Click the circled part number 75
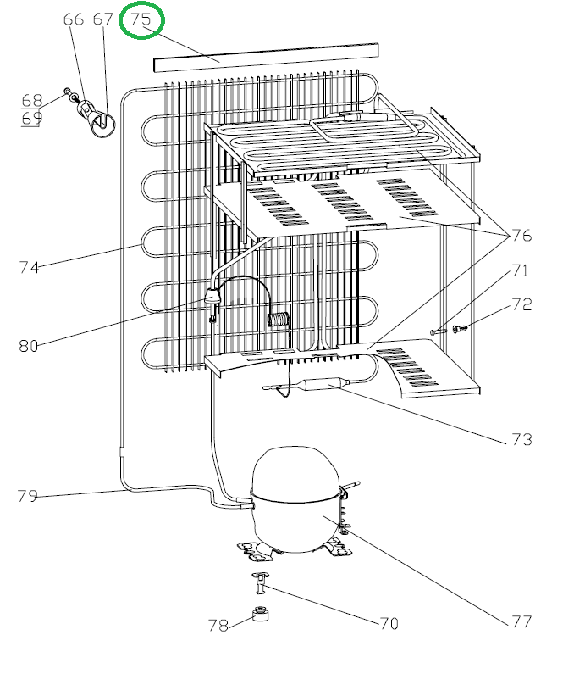pyautogui.click(x=141, y=19)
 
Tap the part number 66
pyautogui.click(x=74, y=19)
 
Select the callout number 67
pyautogui.click(x=102, y=19)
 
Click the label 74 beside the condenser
pyautogui.click(x=29, y=267)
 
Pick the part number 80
pyautogui.click(x=29, y=345)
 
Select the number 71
pyautogui.click(x=519, y=271)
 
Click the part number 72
pyautogui.click(x=522, y=304)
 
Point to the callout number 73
pyautogui.click(x=522, y=439)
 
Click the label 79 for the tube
pyautogui.click(x=28, y=496)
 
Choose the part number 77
pyautogui.click(x=522, y=621)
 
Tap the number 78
pyautogui.click(x=218, y=626)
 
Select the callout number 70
pyautogui.click(x=388, y=624)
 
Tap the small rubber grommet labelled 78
pyautogui.click(x=261, y=614)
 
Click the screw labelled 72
pyautogui.click(x=460, y=328)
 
